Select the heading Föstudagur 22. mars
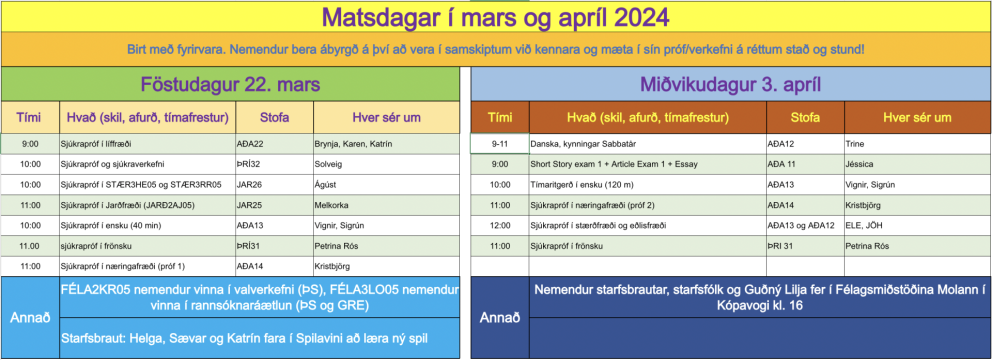click(234, 84)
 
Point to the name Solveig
click(331, 164)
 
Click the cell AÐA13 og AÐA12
click(801, 225)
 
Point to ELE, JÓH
click(866, 225)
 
